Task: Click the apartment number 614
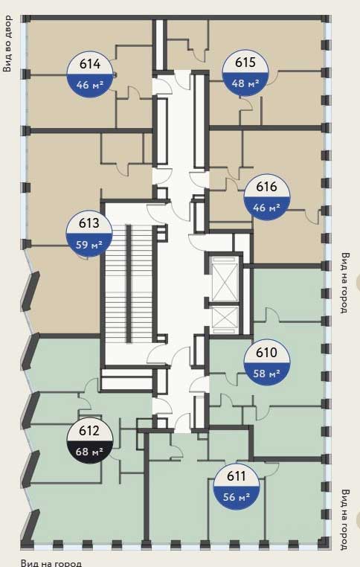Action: click(x=90, y=64)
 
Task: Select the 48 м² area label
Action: click(x=245, y=83)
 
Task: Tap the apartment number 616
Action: click(x=266, y=187)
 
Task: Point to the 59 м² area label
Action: click(x=89, y=245)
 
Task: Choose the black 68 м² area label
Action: click(x=89, y=451)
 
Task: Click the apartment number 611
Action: click(x=237, y=476)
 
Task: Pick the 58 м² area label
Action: click(x=267, y=373)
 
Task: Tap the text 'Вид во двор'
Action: click(x=7, y=43)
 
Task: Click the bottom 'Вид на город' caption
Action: click(x=51, y=563)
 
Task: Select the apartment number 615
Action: click(x=245, y=63)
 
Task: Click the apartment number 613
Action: click(x=89, y=223)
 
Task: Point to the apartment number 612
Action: click(x=89, y=431)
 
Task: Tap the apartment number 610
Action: click(x=266, y=352)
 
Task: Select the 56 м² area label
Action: click(x=237, y=497)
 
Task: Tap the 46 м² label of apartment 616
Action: click(x=267, y=208)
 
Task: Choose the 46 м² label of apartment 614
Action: click(x=90, y=85)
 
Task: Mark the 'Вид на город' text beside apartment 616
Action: click(x=346, y=283)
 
